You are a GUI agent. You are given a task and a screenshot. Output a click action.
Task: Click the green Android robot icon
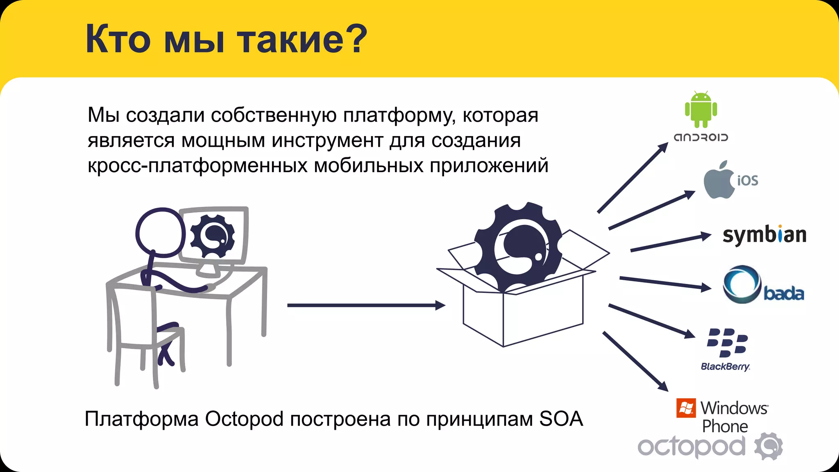(x=701, y=109)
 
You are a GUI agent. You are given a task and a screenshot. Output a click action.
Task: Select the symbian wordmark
(x=764, y=235)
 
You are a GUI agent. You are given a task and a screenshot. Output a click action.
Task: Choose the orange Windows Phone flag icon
(x=686, y=408)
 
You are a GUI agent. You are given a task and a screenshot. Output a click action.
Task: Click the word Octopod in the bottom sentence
(x=244, y=419)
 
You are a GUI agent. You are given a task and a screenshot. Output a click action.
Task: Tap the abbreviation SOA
(x=561, y=419)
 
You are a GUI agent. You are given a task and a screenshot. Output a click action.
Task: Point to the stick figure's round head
(x=160, y=233)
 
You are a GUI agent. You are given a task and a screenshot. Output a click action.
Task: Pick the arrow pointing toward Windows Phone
(x=635, y=361)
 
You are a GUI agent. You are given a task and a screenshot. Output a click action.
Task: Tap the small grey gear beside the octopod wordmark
(x=769, y=446)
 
